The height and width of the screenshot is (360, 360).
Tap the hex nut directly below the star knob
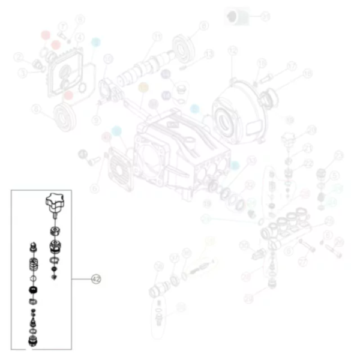53,230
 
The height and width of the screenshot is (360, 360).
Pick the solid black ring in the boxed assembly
34,291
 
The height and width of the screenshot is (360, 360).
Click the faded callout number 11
158,37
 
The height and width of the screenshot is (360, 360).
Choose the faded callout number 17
292,66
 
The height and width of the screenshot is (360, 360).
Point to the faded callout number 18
308,74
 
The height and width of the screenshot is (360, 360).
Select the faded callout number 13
209,54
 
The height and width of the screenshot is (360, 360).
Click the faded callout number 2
19,58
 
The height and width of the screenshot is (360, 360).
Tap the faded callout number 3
22,73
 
